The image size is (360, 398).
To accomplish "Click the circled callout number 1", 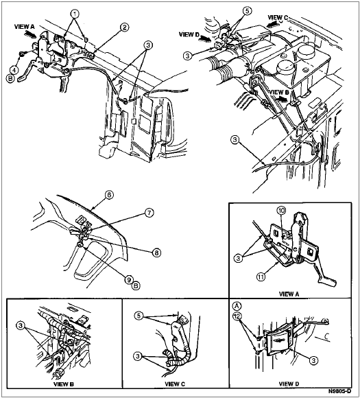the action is click(x=75, y=14).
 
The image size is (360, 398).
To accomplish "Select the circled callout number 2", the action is click(x=124, y=27).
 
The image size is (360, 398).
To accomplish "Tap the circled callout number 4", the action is click(x=14, y=69).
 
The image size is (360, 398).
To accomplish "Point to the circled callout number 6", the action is click(x=109, y=195).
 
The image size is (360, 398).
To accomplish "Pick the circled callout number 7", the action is click(x=149, y=213).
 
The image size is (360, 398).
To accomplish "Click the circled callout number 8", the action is click(x=157, y=253).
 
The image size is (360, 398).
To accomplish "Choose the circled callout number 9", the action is click(x=129, y=279).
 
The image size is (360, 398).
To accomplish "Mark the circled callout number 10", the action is click(x=282, y=210).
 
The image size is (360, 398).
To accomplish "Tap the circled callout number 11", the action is click(x=261, y=277).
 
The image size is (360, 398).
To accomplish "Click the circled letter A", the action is click(x=237, y=306).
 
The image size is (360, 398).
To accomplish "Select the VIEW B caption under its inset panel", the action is click(x=64, y=384).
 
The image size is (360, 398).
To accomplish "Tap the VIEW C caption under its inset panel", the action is click(x=175, y=384).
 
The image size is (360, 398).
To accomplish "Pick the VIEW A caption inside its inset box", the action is click(x=289, y=294).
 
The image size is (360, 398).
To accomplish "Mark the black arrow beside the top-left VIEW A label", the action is click(x=30, y=34).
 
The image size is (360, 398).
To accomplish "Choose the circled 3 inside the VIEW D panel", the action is click(x=313, y=360).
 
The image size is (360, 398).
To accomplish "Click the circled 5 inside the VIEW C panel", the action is click(x=139, y=316).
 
